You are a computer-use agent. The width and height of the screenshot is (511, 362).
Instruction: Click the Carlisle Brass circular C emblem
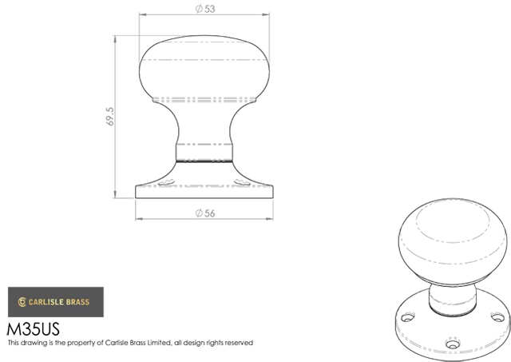click(x=22, y=302)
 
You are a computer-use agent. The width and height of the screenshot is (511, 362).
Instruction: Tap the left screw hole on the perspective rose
click(x=407, y=318)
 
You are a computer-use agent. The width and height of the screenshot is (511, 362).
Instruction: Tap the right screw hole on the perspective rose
click(x=497, y=317)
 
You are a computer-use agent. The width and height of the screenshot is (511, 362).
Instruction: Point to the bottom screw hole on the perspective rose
click(x=453, y=344)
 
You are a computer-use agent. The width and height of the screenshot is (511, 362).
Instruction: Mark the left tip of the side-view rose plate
click(x=137, y=187)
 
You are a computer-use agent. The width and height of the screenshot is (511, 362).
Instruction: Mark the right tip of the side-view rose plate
click(x=272, y=187)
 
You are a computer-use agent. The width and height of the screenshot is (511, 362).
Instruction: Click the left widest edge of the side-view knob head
click(x=140, y=67)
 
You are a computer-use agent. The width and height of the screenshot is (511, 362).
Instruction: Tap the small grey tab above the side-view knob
click(x=204, y=3)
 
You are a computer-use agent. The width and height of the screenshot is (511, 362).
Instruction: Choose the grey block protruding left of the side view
click(x=116, y=114)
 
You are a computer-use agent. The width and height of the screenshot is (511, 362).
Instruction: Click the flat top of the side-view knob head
click(x=205, y=36)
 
